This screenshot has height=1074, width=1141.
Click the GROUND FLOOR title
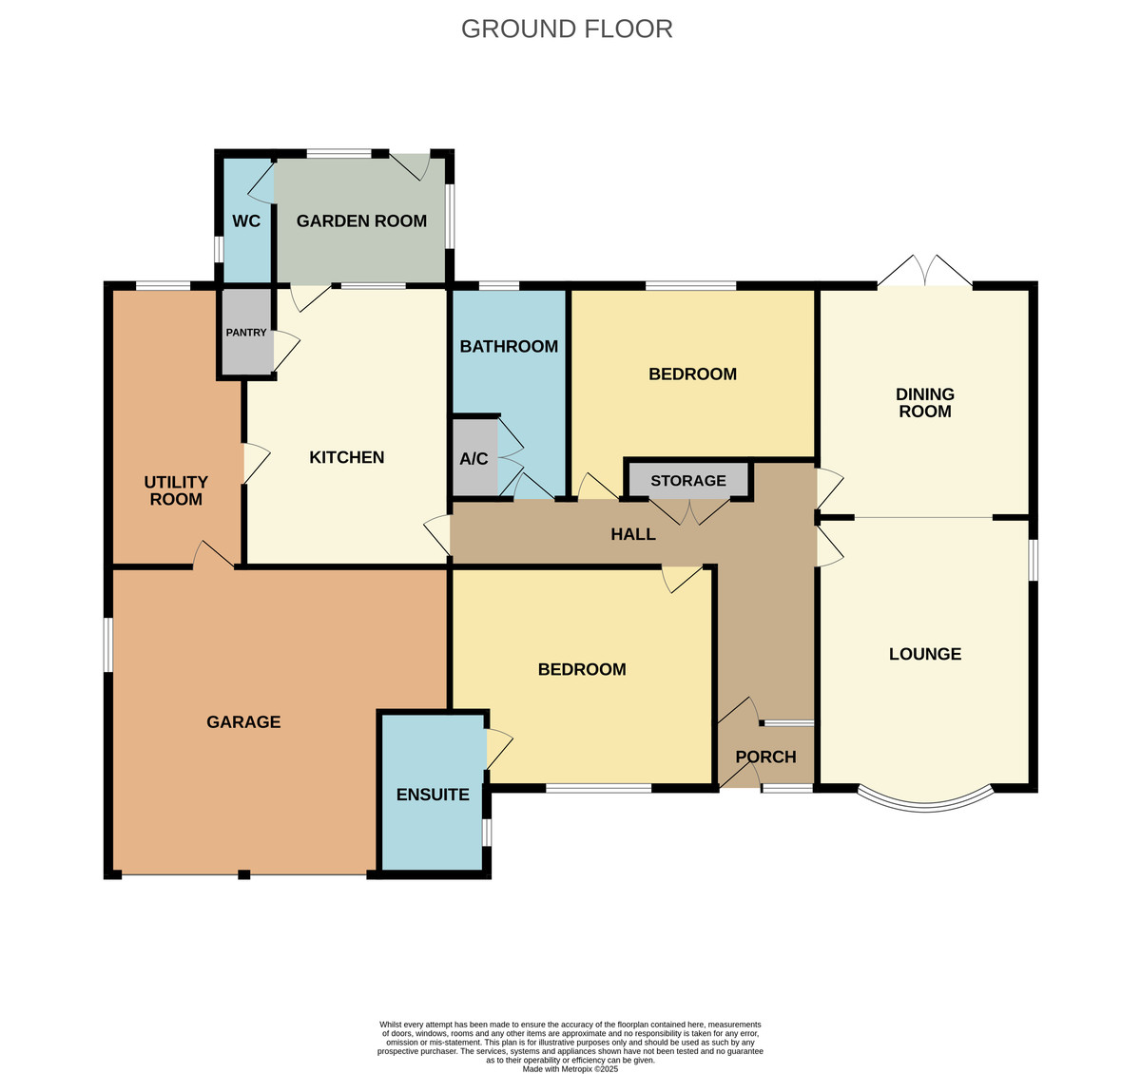(x=567, y=29)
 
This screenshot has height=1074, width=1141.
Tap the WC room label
(x=246, y=221)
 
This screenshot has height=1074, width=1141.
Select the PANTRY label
(x=246, y=333)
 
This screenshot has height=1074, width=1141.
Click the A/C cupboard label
(x=474, y=458)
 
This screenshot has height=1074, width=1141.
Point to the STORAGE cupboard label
(x=688, y=481)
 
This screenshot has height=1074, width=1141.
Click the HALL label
(x=633, y=534)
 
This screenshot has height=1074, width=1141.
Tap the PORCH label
(x=765, y=757)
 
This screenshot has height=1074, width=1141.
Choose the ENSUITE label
(x=433, y=795)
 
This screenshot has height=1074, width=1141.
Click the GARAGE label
(x=243, y=722)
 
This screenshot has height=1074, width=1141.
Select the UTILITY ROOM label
(x=176, y=490)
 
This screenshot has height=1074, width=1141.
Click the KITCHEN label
(x=346, y=457)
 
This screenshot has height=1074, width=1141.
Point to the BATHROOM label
(x=509, y=346)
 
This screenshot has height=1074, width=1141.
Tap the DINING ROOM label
(x=925, y=403)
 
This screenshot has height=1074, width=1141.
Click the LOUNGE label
(x=925, y=654)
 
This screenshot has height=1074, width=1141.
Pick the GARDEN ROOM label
(x=361, y=221)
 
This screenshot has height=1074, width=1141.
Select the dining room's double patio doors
(x=925, y=271)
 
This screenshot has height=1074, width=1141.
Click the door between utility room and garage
(x=213, y=555)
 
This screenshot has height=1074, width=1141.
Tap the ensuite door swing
(x=498, y=748)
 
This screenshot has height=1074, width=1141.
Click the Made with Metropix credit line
(x=570, y=1069)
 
